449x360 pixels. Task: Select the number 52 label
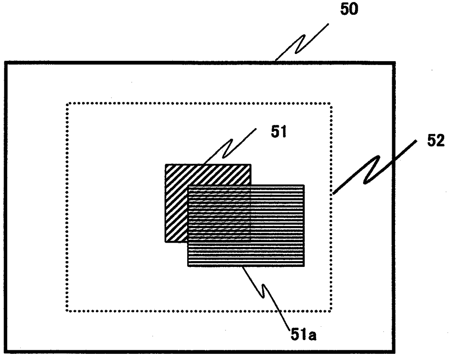pyautogui.click(x=436, y=141)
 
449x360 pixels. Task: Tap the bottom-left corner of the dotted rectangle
pyautogui.click(x=67, y=310)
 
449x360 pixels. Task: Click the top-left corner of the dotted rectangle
pyautogui.click(x=67, y=104)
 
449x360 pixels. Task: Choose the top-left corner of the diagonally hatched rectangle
pyautogui.click(x=166, y=165)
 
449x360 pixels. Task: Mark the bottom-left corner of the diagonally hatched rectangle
pyautogui.click(x=166, y=242)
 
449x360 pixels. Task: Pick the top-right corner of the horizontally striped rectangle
pyautogui.click(x=304, y=186)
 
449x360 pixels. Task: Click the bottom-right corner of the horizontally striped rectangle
pyautogui.click(x=304, y=266)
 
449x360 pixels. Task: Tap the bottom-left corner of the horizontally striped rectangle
pyautogui.click(x=188, y=266)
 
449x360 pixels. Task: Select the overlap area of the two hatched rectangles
pyautogui.click(x=219, y=214)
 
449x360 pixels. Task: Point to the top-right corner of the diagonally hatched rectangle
pyautogui.click(x=251, y=165)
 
